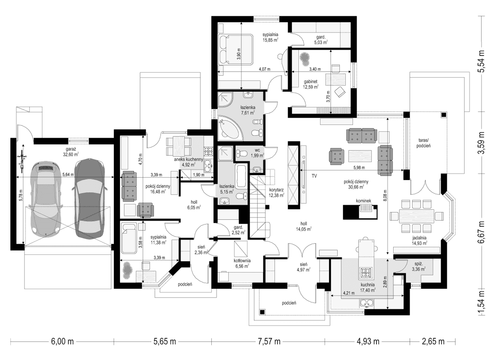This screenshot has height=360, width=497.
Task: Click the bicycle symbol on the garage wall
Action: pyautogui.click(x=21, y=161)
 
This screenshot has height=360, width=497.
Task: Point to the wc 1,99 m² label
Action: pyautogui.click(x=256, y=152)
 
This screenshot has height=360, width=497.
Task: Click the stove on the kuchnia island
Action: pyautogui.click(x=366, y=273)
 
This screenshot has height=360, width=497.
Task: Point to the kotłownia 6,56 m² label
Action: pyautogui.click(x=242, y=263)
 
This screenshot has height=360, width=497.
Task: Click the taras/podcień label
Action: pyautogui.click(x=423, y=143)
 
